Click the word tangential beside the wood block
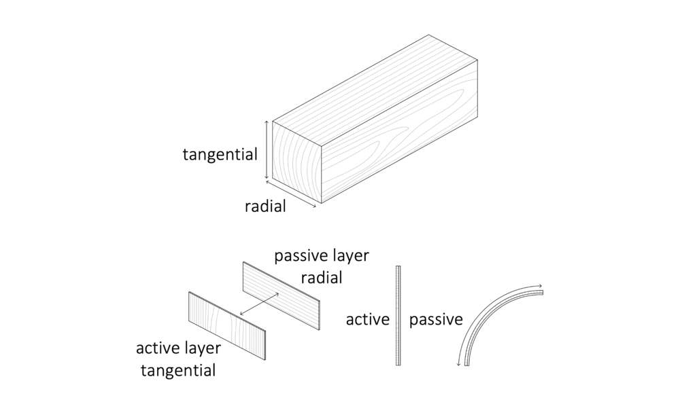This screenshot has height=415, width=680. (220, 155)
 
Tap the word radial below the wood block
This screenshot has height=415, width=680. (265, 206)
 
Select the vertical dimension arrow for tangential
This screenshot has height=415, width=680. (266, 150)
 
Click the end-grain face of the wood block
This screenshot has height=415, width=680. (296, 161)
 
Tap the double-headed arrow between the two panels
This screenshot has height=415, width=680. (259, 304)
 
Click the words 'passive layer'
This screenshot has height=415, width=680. (321, 257)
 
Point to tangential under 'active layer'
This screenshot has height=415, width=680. (178, 371)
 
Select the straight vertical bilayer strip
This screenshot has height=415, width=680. (398, 316)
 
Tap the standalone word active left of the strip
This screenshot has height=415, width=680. (367, 319)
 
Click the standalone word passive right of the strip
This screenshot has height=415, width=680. (436, 319)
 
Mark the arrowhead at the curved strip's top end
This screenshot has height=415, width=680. (540, 286)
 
